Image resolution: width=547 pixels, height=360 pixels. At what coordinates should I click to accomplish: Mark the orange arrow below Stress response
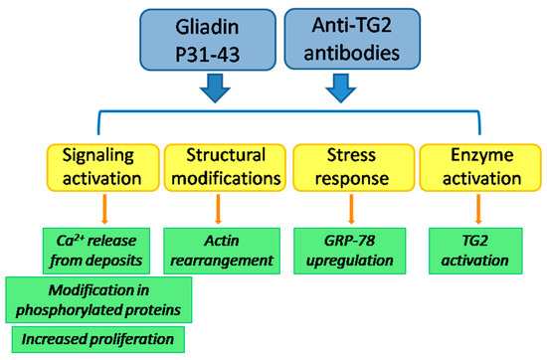tap(350, 208)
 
